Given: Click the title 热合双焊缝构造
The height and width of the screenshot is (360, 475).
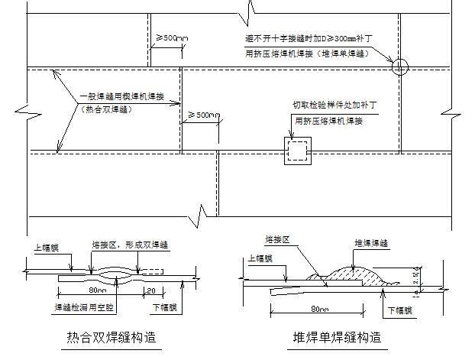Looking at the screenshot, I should tap(115, 337).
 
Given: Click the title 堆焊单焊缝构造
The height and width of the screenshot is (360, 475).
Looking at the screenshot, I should tap(337, 337).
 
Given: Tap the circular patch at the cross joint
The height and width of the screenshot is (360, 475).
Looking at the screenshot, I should tap(400, 67).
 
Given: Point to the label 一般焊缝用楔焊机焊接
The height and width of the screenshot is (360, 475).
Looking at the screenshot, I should tap(130, 99).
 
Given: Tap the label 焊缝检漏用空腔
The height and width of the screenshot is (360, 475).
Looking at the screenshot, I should tap(84, 307).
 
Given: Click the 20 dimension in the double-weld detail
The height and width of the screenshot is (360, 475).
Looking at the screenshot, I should tap(153, 290).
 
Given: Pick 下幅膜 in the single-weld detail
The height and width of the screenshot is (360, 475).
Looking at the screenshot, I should tap(400, 310).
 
